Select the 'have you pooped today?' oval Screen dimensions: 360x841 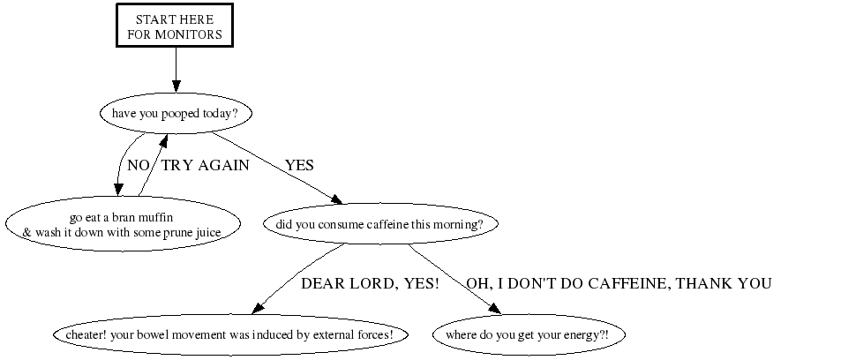tap(175, 114)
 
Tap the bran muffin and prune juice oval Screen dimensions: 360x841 tap(123, 225)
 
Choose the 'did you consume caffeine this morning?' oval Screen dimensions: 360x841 tap(379, 224)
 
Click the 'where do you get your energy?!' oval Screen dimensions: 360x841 tap(527, 335)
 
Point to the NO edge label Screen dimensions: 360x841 tap(139, 165)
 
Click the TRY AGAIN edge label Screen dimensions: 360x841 tap(205, 165)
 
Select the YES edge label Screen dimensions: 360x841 tap(299, 165)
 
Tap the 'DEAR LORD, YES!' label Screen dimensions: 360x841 tap(370, 283)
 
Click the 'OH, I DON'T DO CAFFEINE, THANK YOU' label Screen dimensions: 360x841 tap(619, 283)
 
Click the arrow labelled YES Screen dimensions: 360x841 tap(274, 169)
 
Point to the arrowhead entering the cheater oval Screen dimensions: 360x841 tap(258, 309)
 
